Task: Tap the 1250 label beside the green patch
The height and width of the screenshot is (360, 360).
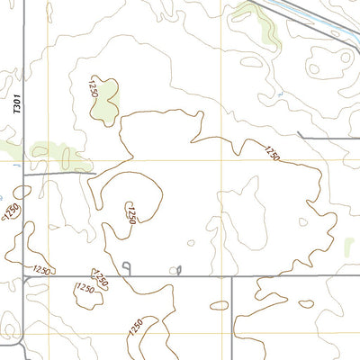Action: pyautogui.click(x=92, y=87)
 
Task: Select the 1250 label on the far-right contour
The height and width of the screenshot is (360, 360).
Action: pyautogui.click(x=272, y=153)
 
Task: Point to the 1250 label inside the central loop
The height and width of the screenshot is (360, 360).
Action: pyautogui.click(x=131, y=214)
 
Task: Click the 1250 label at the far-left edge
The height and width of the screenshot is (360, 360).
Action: pyautogui.click(x=11, y=211)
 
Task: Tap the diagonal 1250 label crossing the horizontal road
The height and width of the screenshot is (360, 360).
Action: pyautogui.click(x=101, y=279)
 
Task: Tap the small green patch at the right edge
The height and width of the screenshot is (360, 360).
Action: pyautogui.click(x=349, y=246)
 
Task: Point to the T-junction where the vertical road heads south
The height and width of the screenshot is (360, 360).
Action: pyautogui.click(x=232, y=276)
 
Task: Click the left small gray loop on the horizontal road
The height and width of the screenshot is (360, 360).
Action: pyautogui.click(x=127, y=266)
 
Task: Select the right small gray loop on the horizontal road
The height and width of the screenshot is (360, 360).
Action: pyautogui.click(x=178, y=269)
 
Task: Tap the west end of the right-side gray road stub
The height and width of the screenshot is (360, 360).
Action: pyautogui.click(x=298, y=136)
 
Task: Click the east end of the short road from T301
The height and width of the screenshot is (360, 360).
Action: pyautogui.click(x=93, y=170)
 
